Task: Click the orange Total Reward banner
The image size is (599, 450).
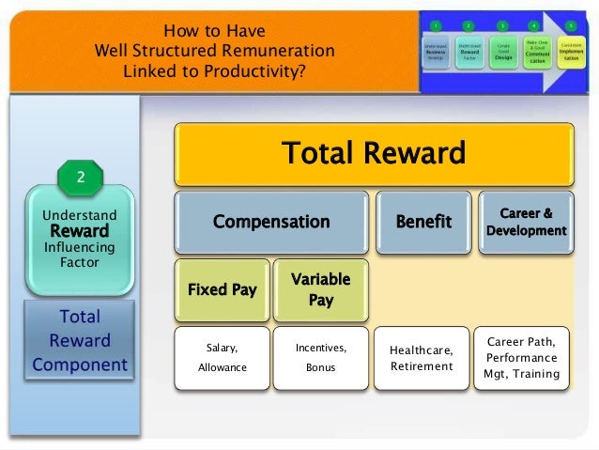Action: (374, 153)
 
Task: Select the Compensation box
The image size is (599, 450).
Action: (271, 222)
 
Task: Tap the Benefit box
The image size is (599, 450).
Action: (422, 222)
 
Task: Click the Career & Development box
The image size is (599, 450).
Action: (527, 222)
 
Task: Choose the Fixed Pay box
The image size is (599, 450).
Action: (222, 289)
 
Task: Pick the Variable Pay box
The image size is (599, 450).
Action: (320, 289)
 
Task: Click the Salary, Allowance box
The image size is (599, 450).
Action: (222, 358)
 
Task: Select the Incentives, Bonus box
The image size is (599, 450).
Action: (320, 358)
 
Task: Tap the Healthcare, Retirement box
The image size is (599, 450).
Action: (422, 358)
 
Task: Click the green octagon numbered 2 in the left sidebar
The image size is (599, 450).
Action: (79, 176)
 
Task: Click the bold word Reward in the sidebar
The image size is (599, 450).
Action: (79, 231)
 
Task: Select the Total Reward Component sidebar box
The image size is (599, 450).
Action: (79, 340)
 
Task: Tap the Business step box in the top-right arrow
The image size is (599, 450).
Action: (435, 53)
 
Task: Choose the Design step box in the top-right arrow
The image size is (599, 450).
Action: (502, 53)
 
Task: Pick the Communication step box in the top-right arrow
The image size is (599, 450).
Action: (535, 53)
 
